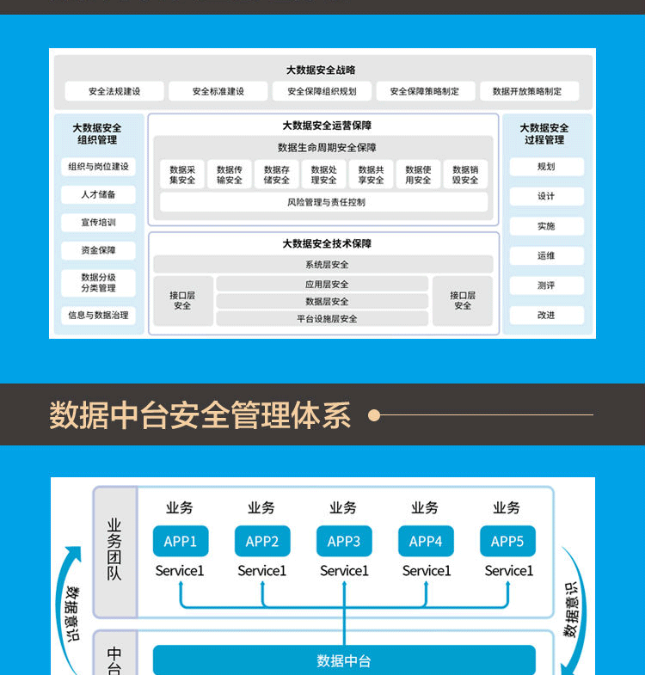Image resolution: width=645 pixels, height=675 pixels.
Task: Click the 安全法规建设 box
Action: coord(114,91)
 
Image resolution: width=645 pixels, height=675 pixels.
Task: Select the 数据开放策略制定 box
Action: coord(529,91)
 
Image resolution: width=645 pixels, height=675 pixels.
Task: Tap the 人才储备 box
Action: coord(98,194)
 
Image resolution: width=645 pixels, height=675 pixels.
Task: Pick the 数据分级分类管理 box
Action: coord(98,283)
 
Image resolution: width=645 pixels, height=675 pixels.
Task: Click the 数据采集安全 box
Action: coord(182,175)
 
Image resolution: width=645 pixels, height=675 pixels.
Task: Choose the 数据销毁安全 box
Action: coord(465,175)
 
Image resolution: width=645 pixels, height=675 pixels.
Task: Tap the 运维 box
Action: coord(547,255)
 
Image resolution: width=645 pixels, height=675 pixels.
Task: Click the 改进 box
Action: coord(547,315)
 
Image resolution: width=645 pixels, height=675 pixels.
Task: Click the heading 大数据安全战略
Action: coord(321,70)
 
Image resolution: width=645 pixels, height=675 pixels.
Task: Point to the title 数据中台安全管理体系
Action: coord(200,415)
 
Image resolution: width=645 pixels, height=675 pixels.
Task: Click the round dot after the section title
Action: coord(374,415)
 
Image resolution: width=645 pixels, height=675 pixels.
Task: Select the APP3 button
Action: coord(344,541)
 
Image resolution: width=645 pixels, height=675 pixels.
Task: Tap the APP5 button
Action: coord(507,541)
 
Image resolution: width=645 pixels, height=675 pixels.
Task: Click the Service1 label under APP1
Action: coord(180,571)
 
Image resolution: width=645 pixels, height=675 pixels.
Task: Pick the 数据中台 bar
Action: coord(344,660)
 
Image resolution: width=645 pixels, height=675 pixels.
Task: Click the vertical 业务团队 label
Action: coord(114,549)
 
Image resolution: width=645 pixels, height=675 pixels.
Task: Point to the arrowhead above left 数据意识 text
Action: coord(74,553)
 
